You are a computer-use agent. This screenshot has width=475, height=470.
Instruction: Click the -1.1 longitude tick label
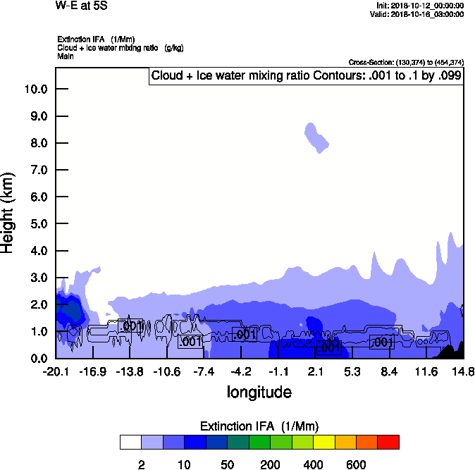(x=278, y=372)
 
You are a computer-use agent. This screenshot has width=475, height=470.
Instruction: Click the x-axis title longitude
(x=259, y=392)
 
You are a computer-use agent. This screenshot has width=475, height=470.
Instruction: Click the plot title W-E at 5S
(x=81, y=6)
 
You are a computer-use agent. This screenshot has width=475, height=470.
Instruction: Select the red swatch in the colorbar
(x=388, y=443)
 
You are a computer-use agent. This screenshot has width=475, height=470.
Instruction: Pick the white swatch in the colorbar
(x=131, y=443)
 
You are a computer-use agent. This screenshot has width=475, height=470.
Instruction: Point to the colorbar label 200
(x=271, y=464)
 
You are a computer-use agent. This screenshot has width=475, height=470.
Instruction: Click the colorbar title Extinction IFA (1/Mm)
(x=259, y=426)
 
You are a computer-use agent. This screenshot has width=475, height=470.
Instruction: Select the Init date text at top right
(x=420, y=6)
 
